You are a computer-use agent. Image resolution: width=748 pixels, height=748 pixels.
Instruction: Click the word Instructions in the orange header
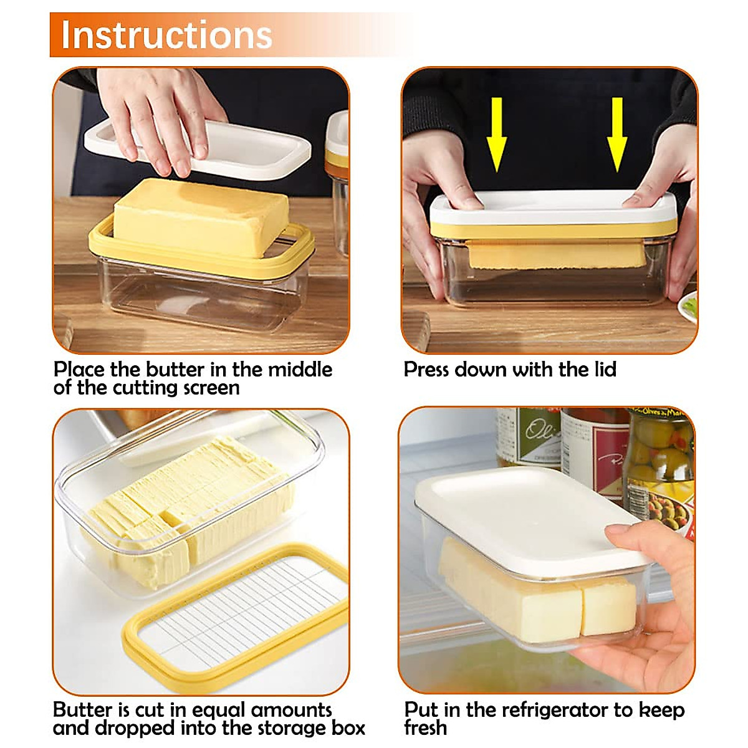[x=166, y=35]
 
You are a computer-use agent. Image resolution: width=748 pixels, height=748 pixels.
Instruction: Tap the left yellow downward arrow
[x=496, y=134]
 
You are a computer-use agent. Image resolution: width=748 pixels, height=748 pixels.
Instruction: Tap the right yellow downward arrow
[x=616, y=134]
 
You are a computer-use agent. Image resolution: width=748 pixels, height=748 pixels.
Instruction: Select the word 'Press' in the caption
[x=427, y=370]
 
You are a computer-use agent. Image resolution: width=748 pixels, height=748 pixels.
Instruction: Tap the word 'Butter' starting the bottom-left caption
[x=82, y=710]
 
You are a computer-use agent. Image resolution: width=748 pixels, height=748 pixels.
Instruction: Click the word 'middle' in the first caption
[x=300, y=370]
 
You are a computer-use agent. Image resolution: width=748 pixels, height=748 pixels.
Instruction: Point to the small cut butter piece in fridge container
[x=608, y=605]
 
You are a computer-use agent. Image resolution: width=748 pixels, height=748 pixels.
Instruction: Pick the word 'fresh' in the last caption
[x=425, y=728]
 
